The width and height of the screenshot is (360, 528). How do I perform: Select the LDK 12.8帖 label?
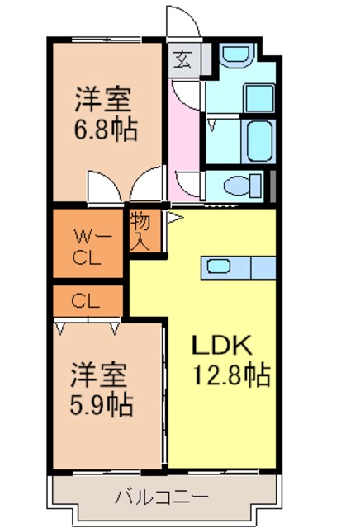click(230, 361)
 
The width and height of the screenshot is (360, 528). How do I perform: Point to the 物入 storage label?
click(140, 230)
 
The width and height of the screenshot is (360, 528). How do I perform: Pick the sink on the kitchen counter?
click(220, 266)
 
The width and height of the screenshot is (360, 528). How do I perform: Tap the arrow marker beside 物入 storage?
click(173, 219)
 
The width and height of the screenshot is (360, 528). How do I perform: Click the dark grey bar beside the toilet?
click(272, 183)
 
